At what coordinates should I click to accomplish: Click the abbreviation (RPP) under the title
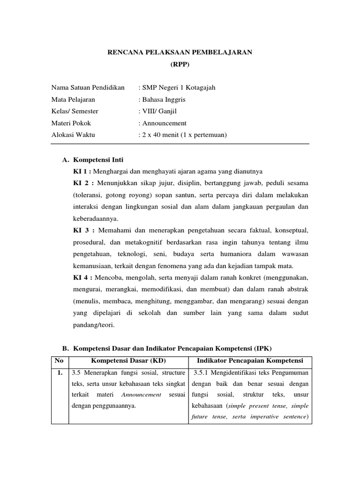180,65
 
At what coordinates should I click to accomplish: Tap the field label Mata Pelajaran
73,99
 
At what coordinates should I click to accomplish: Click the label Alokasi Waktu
73,135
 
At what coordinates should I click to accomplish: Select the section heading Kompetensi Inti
98,160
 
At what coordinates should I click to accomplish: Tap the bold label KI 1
80,171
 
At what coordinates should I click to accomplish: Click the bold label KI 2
81,183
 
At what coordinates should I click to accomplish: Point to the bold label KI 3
81,231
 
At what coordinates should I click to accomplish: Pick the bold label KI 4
80,278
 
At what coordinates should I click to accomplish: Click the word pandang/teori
94,325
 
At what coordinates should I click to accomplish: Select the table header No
60,360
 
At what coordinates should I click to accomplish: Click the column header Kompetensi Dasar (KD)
128,360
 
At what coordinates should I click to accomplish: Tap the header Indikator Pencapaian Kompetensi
250,360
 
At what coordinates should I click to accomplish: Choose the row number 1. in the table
60,374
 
